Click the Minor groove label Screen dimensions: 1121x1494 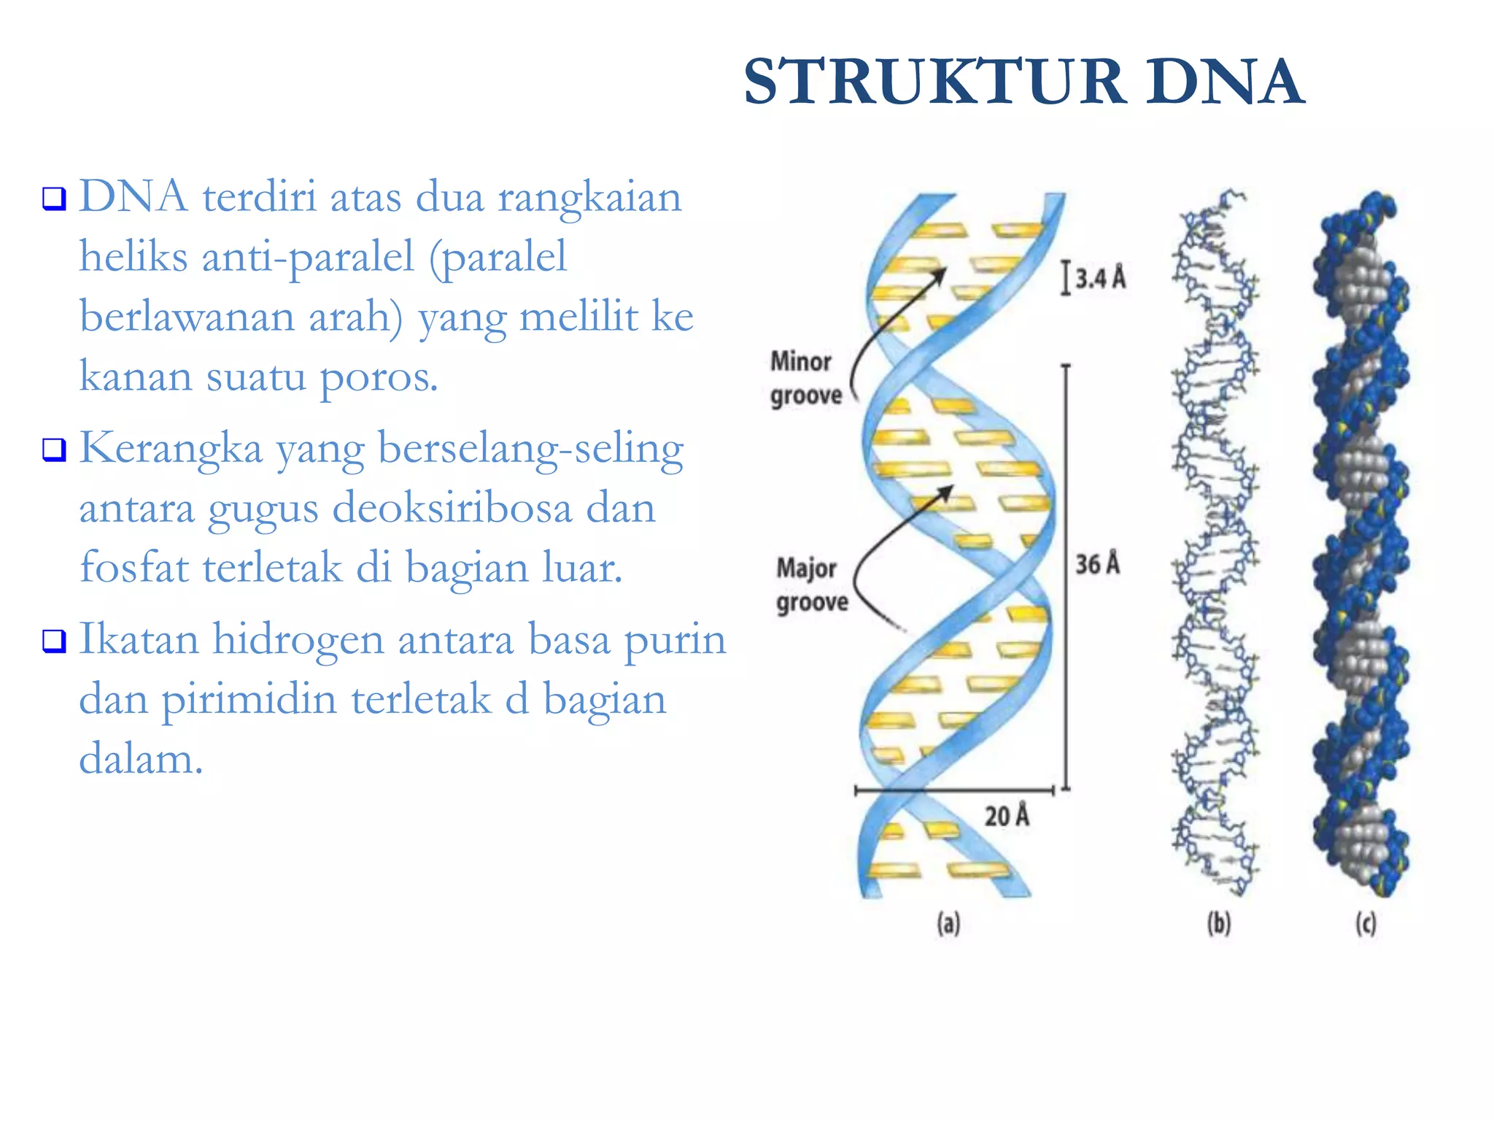click(x=805, y=379)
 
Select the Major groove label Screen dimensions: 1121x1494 click(x=811, y=585)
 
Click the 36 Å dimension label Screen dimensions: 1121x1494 click(x=1098, y=564)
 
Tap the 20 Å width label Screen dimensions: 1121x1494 click(x=1007, y=815)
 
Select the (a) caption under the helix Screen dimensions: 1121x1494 click(x=948, y=924)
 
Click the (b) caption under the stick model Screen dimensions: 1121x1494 click(x=1219, y=924)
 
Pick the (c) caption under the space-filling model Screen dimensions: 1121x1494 click(x=1366, y=924)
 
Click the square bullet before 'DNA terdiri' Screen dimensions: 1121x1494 click(x=54, y=199)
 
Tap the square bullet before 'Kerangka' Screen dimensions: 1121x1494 click(x=54, y=450)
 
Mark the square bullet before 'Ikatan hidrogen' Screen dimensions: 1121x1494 click(x=54, y=641)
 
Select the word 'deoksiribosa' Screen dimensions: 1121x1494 click(x=452, y=508)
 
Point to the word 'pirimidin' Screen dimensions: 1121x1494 click(x=252, y=700)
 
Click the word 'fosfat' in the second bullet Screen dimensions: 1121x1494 click(x=134, y=567)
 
